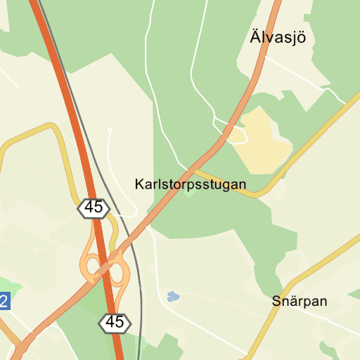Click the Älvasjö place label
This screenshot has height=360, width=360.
(278, 37)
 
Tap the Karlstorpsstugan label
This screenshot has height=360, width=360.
(190, 185)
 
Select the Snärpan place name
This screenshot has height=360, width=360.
(300, 301)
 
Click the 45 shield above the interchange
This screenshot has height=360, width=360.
(94, 207)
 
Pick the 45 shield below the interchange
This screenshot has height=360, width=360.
(115, 323)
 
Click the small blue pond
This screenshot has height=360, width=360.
(173, 296)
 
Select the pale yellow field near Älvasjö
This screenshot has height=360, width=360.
(262, 137)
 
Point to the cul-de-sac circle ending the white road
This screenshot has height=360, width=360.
(110, 130)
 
